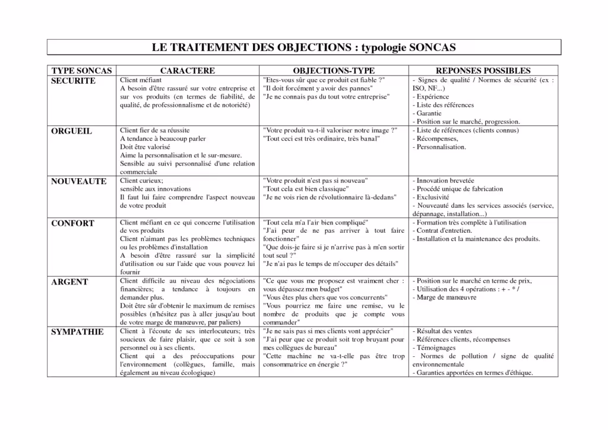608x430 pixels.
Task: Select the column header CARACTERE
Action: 187,71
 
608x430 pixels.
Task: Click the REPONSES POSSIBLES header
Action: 483,71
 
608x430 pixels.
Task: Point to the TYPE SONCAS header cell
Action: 81,71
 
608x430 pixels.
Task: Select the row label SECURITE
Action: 73,81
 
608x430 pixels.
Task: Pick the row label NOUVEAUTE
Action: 78,181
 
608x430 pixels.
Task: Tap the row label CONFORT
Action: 72,223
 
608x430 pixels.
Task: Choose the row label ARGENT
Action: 69,282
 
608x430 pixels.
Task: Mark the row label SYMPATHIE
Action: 77,332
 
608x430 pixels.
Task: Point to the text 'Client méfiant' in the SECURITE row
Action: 141,80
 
